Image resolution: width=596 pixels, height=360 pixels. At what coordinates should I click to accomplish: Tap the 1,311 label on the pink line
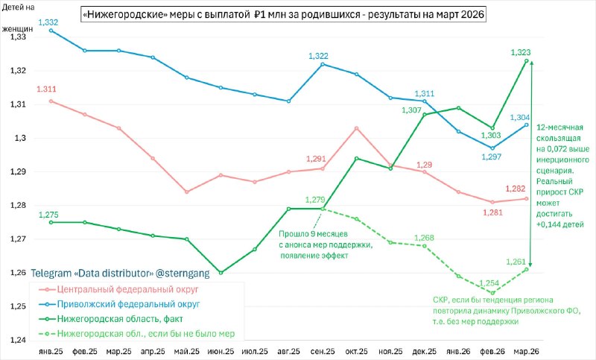[46, 89]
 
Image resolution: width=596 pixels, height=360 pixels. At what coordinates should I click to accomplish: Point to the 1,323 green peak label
[521, 52]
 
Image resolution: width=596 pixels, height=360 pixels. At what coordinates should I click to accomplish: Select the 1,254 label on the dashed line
[489, 283]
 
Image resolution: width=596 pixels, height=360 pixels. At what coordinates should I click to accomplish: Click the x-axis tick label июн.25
[220, 350]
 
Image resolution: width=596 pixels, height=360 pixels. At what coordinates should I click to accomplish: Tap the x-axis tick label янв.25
[50, 350]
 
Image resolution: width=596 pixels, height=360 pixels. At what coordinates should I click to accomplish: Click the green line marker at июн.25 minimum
[220, 273]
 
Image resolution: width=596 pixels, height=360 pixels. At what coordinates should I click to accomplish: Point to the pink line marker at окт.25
[356, 128]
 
